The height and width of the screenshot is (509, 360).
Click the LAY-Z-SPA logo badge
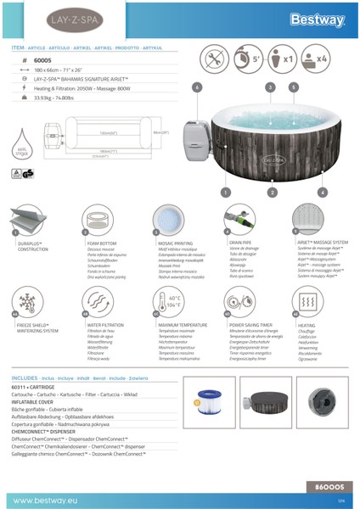pos(42,19)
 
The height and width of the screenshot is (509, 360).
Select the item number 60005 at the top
pos(42,62)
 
